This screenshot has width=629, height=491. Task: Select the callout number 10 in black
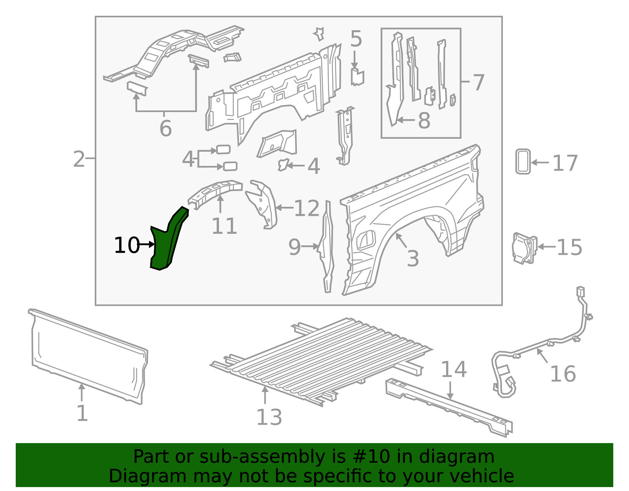[x=127, y=245]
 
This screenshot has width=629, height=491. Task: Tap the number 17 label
[x=565, y=163]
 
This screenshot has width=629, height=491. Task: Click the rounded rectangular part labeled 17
[x=523, y=161]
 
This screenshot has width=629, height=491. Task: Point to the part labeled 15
[x=524, y=248]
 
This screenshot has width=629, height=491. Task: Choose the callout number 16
[x=563, y=374]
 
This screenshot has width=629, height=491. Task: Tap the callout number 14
[x=454, y=370]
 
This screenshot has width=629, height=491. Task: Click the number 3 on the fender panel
[x=413, y=259]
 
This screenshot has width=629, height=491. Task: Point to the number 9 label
[x=294, y=247]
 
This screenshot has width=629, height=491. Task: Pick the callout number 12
[x=307, y=208]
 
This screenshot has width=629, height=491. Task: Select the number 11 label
[x=224, y=226]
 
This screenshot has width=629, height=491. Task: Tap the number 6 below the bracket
[x=166, y=129]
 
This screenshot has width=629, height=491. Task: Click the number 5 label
[x=356, y=39]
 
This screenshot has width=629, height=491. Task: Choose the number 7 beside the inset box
[x=478, y=83]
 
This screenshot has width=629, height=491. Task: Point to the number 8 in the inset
[x=424, y=121]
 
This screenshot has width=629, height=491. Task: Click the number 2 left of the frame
[x=79, y=159]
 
